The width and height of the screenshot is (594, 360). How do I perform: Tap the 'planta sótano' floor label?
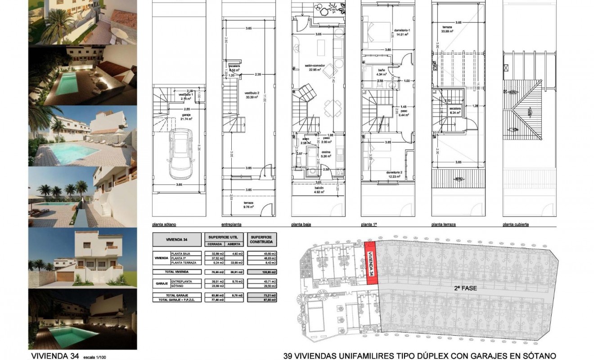pos(164,224)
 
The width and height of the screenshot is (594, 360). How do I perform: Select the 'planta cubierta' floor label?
pos(516,224)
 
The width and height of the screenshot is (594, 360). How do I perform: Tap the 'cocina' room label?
pos(326,152)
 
